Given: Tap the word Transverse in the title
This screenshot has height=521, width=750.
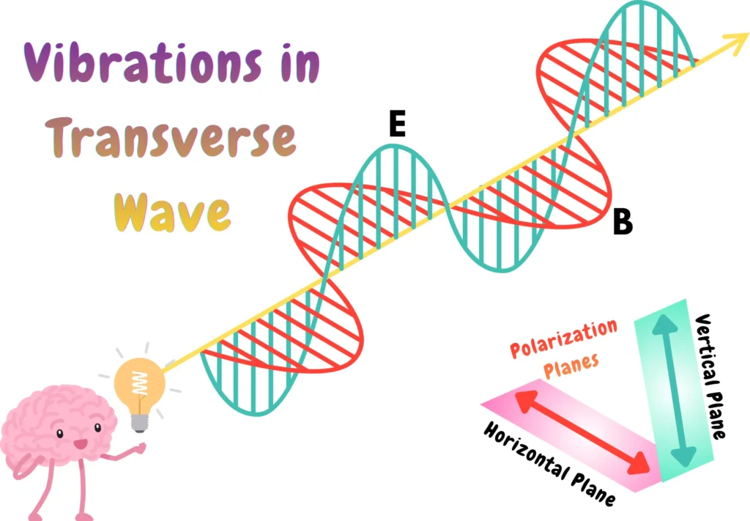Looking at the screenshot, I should point(170,138).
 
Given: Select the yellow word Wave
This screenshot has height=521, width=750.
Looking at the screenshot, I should point(173,212).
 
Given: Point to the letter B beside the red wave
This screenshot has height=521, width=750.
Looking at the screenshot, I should point(622,222).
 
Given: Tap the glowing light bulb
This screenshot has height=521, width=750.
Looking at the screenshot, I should point(140,382).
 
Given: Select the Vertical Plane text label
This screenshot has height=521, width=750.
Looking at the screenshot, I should point(710,377).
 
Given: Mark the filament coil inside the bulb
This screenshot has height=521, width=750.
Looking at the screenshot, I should point(139,381).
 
